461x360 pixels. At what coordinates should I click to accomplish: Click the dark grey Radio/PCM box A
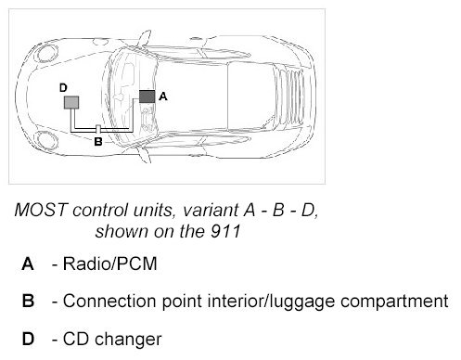coord(147,96)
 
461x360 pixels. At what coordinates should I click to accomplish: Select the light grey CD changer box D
coord(71,102)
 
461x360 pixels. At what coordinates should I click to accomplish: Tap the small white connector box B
coord(98,129)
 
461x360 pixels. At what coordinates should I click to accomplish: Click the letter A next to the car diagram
coord(163,96)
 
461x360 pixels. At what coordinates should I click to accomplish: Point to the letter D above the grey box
coord(63,88)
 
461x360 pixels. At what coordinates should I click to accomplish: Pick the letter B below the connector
coord(98,142)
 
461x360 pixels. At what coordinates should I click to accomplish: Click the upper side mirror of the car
coord(144,39)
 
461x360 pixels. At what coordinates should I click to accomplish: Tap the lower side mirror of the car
coord(144,154)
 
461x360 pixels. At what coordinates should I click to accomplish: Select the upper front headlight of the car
coord(47,53)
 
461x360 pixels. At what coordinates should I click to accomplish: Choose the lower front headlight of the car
coord(47,140)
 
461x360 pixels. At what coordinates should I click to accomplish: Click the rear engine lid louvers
coord(288,96)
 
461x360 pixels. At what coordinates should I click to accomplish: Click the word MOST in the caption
coord(41,210)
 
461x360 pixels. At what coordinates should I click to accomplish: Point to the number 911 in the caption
coord(225,231)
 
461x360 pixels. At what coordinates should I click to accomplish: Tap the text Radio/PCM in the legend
coord(110,264)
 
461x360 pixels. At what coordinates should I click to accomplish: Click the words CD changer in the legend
coord(112,339)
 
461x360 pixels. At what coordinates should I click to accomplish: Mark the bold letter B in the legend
coord(28,302)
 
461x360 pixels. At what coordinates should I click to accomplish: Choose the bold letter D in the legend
coord(28,339)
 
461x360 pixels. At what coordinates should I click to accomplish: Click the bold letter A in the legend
coord(28,264)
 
